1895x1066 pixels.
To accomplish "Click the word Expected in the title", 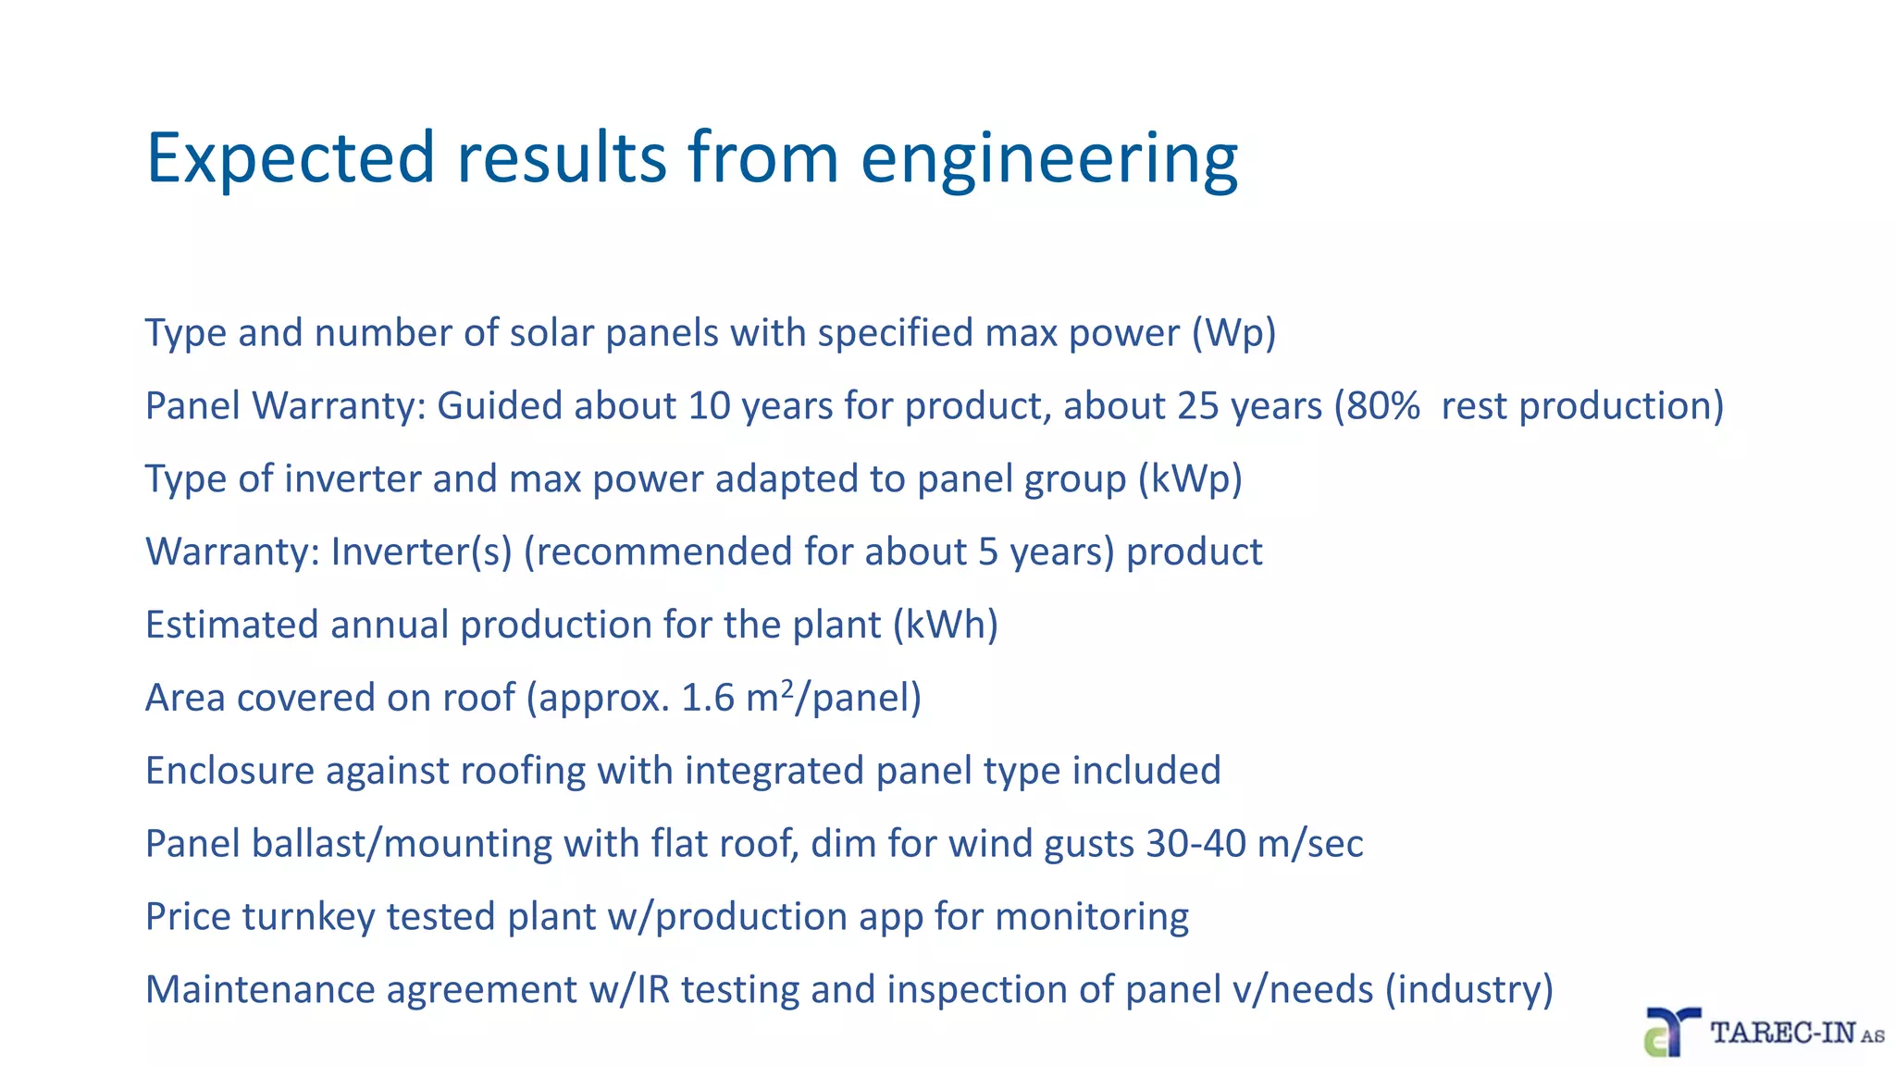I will pyautogui.click(x=290, y=158).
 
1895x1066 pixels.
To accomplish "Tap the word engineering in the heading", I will pyautogui.click(x=1049, y=158).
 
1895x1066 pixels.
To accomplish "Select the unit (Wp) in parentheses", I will pyautogui.click(x=1233, y=333).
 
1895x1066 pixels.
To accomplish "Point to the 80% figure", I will pyautogui.click(x=1383, y=406).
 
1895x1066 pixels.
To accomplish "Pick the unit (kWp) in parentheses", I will pyautogui.click(x=1190, y=479).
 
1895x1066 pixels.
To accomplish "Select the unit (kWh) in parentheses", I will pyautogui.click(x=946, y=626).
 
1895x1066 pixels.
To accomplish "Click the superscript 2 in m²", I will pyautogui.click(x=787, y=688).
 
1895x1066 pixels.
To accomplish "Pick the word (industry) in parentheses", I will pyautogui.click(x=1468, y=990).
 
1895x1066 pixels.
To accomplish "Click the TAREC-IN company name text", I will pyautogui.click(x=1783, y=1033).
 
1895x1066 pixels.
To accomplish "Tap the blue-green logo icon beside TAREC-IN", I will pyautogui.click(x=1671, y=1033).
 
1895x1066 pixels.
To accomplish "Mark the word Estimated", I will pyautogui.click(x=232, y=626).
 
